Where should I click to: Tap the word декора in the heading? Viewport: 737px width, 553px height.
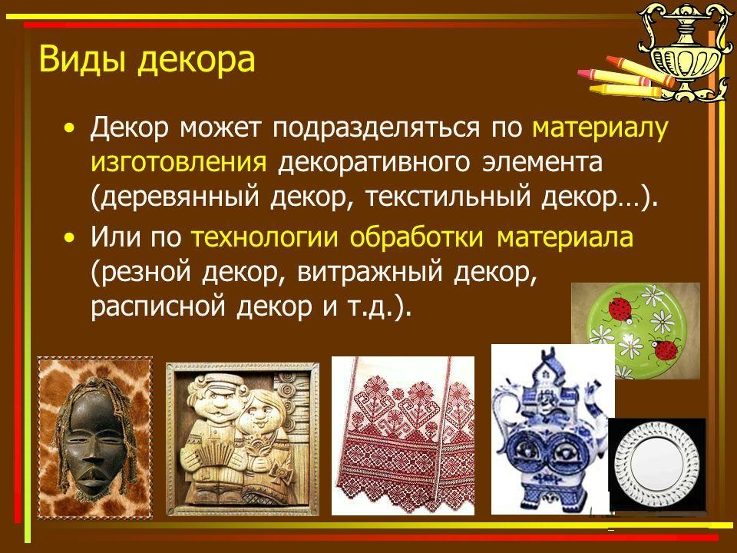point(196,60)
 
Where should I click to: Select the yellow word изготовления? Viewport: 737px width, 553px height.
point(179,162)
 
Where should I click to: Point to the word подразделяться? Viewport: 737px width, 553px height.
point(376,129)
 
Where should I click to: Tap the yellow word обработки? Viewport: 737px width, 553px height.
point(416,237)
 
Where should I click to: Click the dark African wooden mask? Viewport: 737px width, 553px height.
point(94,437)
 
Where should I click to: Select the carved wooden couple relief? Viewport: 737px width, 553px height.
point(242,439)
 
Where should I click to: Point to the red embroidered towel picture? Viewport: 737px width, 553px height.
point(403,435)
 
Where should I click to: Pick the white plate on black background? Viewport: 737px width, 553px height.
point(656,464)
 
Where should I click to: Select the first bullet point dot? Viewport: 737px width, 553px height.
point(70,128)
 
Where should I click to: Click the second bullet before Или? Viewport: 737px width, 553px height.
point(70,238)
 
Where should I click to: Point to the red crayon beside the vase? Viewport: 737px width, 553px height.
point(640,71)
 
